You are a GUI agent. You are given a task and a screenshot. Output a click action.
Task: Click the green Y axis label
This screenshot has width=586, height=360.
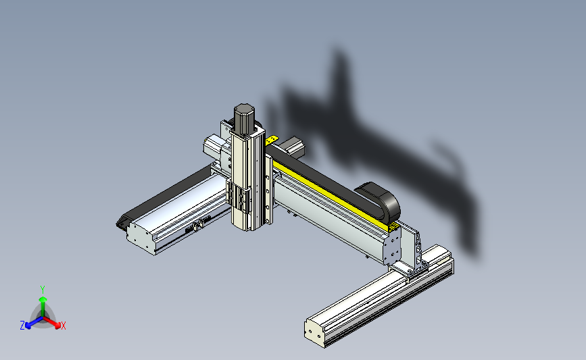[x=43, y=290]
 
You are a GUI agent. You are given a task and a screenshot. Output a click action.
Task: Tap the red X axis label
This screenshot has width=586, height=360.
[x=63, y=326]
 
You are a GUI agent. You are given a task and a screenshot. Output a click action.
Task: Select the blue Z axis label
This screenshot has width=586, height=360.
[x=22, y=326]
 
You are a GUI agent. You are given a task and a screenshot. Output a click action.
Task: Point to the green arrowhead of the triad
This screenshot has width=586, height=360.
[x=43, y=300]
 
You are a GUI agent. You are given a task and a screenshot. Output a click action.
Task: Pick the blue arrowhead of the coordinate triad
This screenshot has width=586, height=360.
[x=28, y=326]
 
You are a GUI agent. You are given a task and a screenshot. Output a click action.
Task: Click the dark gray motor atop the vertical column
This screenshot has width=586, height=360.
[x=244, y=119]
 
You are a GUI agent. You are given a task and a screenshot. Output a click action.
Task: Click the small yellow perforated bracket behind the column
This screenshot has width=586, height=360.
[x=272, y=140]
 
